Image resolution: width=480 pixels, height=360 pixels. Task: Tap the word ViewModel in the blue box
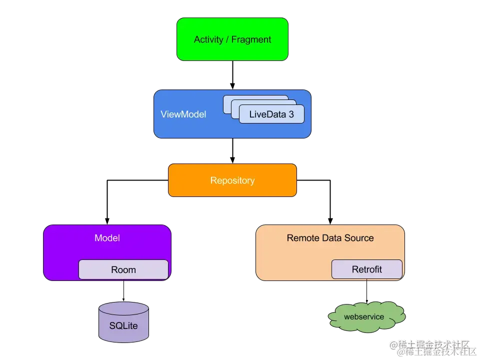(x=183, y=114)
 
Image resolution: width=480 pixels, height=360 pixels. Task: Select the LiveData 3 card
(x=271, y=114)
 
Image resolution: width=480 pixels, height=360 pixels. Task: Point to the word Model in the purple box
(x=107, y=238)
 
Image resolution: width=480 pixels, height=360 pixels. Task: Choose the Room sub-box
(x=123, y=269)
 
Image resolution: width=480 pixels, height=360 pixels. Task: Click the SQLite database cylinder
(x=123, y=322)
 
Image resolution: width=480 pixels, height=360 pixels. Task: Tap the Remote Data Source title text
(x=330, y=238)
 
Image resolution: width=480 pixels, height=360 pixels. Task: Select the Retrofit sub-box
(x=366, y=269)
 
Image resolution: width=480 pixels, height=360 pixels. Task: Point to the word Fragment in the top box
(x=251, y=39)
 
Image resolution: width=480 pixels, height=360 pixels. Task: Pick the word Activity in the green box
(x=208, y=39)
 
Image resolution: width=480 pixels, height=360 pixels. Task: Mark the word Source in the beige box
(x=360, y=238)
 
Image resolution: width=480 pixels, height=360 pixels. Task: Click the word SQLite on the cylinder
(x=123, y=326)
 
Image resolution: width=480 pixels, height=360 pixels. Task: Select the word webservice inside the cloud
(x=364, y=317)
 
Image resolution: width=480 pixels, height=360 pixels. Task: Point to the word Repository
(x=232, y=180)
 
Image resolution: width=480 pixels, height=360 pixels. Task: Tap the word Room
(x=123, y=270)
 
